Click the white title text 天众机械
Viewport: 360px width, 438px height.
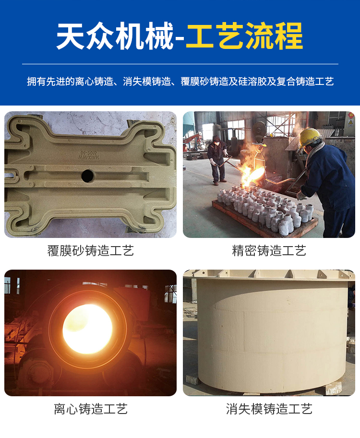pos(115,36)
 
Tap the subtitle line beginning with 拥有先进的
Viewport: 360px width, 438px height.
pos(180,82)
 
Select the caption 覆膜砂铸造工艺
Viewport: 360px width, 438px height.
pos(91,250)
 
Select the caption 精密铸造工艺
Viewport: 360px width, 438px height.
pos(269,250)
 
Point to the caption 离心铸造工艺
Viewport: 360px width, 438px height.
pos(91,409)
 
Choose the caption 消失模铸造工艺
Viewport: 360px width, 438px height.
pos(269,409)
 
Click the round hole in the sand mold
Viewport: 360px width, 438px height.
pos(87,176)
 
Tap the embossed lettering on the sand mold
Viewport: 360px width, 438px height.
pos(88,155)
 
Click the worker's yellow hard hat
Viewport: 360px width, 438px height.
pos(310,137)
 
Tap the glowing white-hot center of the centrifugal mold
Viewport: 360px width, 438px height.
pos(87,329)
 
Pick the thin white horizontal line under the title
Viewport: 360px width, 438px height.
pos(180,64)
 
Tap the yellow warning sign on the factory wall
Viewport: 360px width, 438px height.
pos(350,122)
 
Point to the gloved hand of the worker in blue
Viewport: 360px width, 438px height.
pos(301,195)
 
